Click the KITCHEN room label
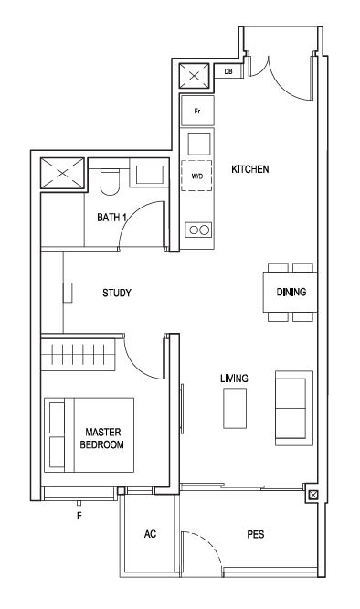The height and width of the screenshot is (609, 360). (249, 169)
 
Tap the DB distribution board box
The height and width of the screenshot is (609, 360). (228, 71)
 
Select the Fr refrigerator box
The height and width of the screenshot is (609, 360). (197, 111)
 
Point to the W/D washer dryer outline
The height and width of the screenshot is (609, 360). (196, 176)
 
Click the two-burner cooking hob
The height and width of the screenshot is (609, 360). (198, 230)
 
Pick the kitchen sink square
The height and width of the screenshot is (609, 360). (199, 144)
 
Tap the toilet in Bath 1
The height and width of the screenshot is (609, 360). (110, 180)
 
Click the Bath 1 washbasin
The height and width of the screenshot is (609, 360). (149, 175)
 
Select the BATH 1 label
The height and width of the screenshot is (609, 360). (111, 218)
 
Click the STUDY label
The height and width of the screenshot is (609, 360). (117, 293)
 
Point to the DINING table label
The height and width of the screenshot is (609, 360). (291, 292)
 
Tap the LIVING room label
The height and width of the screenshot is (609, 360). (234, 379)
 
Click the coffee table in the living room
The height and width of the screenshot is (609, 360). (235, 408)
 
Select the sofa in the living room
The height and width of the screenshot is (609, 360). (294, 408)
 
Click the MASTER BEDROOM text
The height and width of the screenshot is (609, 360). (102, 438)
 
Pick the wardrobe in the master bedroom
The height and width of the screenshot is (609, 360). (79, 354)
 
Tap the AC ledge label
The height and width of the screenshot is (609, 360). (150, 534)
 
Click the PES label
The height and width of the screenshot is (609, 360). (256, 534)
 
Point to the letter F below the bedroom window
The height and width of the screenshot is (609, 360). (79, 516)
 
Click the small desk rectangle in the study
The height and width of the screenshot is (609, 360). (68, 293)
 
